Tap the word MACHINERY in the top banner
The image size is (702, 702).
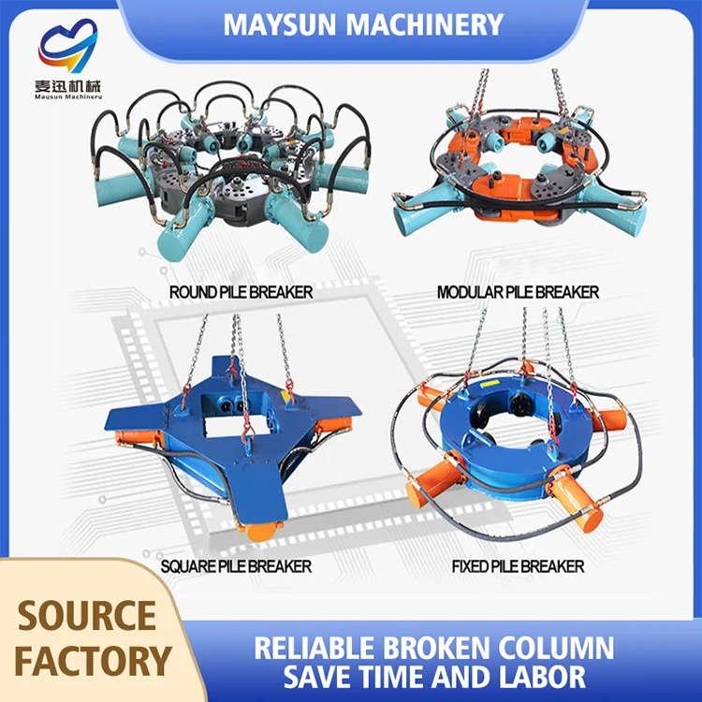[x=425, y=24]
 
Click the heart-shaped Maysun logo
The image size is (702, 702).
[x=68, y=46]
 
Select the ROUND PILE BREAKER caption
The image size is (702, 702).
[x=241, y=292]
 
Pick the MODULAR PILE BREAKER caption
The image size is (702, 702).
[x=518, y=292]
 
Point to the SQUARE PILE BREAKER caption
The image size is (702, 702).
[x=236, y=567]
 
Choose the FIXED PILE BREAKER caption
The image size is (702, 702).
[x=518, y=567]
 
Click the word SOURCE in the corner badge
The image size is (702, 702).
[x=87, y=616]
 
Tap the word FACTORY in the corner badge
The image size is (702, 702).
[x=93, y=661]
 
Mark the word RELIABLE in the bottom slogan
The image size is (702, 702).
[x=314, y=649]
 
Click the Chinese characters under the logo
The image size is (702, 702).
[x=68, y=85]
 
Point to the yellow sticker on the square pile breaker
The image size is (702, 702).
[x=285, y=396]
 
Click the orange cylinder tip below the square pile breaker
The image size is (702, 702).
[x=258, y=533]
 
